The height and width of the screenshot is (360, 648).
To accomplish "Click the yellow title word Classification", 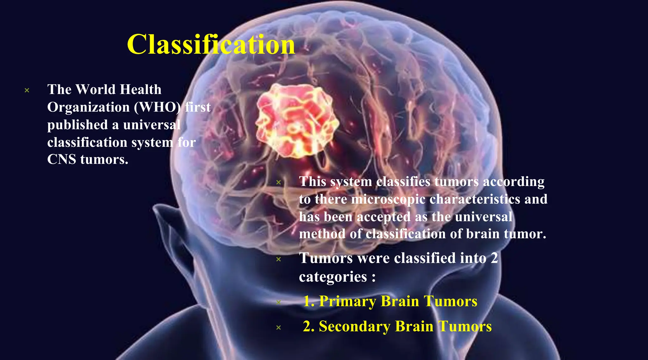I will pyautogui.click(x=211, y=45).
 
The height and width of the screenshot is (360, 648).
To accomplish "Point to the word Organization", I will pyautogui.click(x=88, y=107).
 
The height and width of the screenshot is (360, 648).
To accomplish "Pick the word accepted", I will pyautogui.click(x=384, y=217).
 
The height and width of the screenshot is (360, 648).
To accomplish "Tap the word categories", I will pyautogui.click(x=333, y=277).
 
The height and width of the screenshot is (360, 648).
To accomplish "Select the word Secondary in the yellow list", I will pyautogui.click(x=354, y=326).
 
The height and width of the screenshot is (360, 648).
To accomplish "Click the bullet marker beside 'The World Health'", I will pyautogui.click(x=27, y=90).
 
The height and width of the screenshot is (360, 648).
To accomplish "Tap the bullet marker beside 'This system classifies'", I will pyautogui.click(x=278, y=182).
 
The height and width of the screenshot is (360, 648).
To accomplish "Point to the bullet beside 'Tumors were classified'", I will pyautogui.click(x=278, y=259).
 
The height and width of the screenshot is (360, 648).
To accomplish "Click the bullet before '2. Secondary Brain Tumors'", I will pyautogui.click(x=278, y=328).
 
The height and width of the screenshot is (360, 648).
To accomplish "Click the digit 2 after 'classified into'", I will pyautogui.click(x=494, y=258).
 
